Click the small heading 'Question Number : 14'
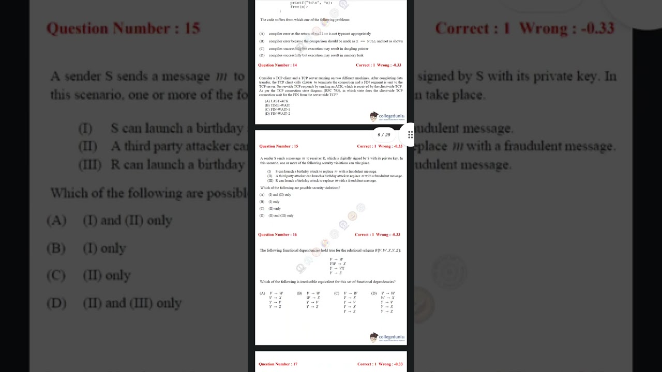coord(278,65)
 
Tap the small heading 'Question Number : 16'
coord(278,235)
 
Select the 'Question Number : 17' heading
coord(278,364)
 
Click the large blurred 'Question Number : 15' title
coord(123,28)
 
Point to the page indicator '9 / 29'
coord(384,135)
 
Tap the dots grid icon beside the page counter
coord(410,135)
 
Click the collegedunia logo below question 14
coord(387,116)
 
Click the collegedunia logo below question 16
coord(387,337)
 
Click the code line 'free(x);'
coord(298,7)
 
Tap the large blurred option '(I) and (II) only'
coord(127,221)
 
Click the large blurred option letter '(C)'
coord(56,275)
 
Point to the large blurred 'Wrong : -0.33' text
coord(567,28)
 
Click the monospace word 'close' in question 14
coord(307,82)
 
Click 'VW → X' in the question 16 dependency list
coord(337,264)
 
